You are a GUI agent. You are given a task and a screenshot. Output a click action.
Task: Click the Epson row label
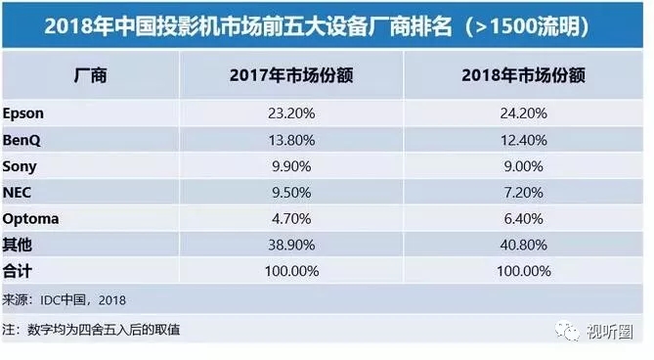click(24, 113)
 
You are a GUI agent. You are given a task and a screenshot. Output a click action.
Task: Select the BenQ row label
click(22, 140)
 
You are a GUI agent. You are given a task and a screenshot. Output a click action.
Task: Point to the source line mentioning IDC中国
click(65, 298)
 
